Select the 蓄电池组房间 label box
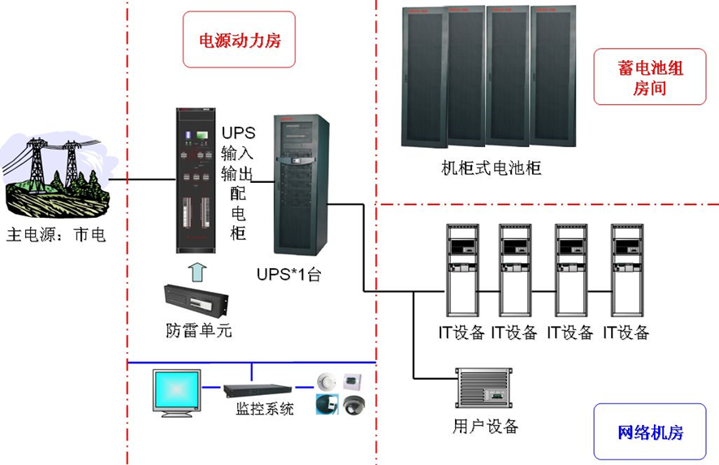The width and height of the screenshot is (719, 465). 649,77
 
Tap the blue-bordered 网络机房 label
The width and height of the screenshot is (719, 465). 649,432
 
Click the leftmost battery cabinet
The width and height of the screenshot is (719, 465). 424,77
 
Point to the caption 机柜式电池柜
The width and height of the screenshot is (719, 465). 491,168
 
